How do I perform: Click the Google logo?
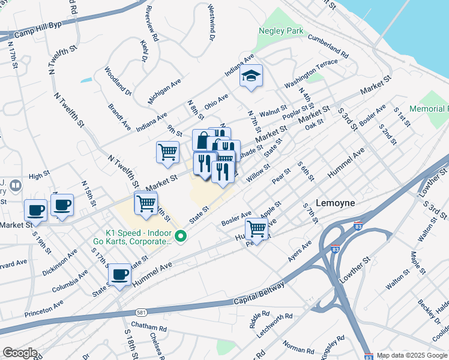19,353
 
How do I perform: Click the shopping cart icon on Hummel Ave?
256,228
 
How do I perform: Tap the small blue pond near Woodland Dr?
86,79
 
